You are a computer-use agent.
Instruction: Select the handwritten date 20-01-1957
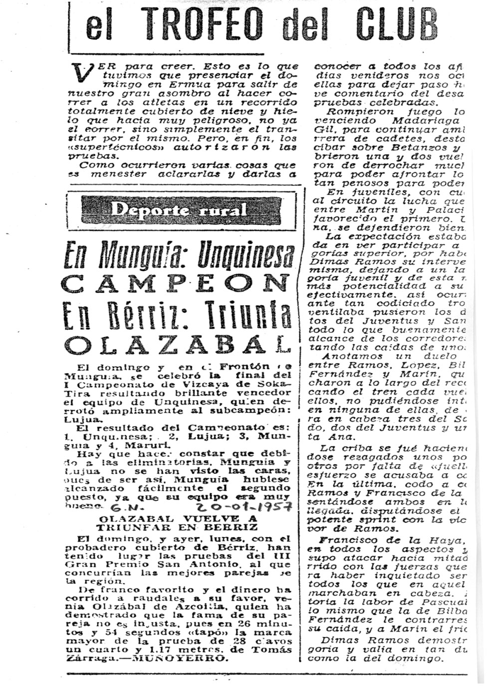pyautogui.click(x=244, y=507)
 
